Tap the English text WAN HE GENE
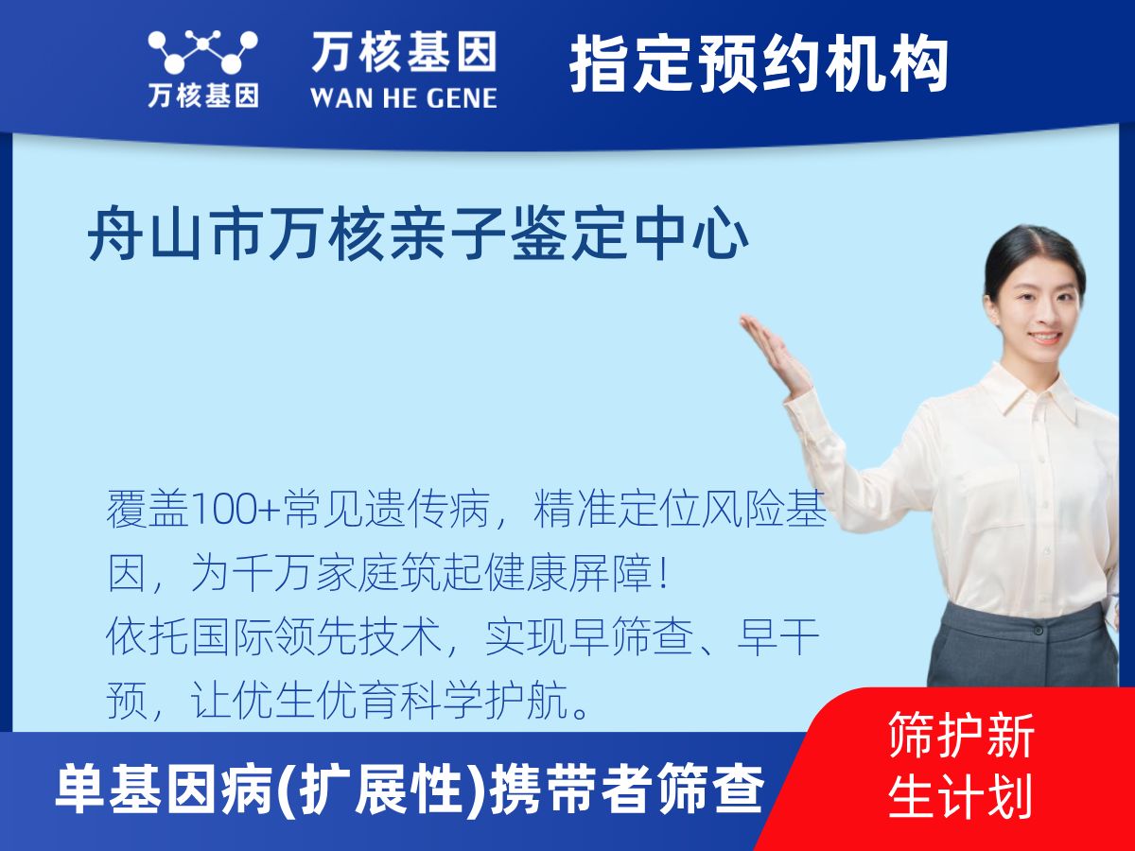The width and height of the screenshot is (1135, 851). (x=404, y=96)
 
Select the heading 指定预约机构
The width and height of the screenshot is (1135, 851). (x=759, y=64)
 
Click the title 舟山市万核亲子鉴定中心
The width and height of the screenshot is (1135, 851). (x=418, y=237)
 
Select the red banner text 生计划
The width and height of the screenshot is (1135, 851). (x=960, y=796)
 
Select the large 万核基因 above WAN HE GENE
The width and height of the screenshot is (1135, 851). (x=404, y=51)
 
